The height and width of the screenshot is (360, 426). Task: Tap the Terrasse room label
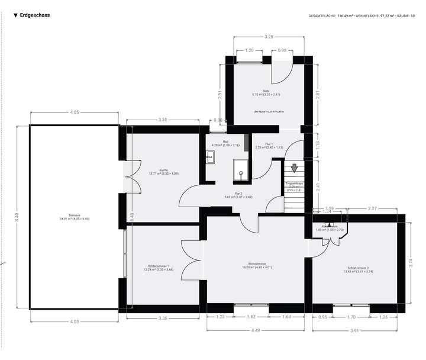click(75, 217)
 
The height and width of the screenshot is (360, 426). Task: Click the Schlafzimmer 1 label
click(159, 268)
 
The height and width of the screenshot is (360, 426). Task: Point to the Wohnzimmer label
click(256, 265)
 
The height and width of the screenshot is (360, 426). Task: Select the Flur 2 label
click(239, 195)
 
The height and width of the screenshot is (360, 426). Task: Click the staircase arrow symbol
click(294, 169)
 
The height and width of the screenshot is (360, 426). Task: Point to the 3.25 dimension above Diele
click(269, 37)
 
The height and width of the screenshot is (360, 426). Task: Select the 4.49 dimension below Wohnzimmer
click(256, 330)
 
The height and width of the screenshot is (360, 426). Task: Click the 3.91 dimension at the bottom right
click(354, 330)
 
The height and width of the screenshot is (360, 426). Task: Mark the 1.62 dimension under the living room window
click(252, 317)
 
